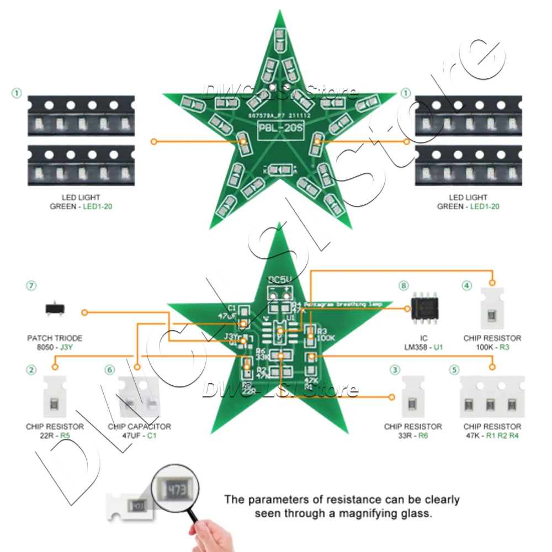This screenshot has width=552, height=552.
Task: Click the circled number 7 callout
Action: coord(31,285)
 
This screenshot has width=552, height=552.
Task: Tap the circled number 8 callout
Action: coord(404,285)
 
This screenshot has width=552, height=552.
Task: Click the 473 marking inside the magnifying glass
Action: coord(176,489)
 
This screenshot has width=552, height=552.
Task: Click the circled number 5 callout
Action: coord(454,369)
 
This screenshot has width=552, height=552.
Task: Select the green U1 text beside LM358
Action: coord(439,347)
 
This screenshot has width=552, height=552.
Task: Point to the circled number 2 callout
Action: coord(31,369)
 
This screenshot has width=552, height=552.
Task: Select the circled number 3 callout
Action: coord(394,369)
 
